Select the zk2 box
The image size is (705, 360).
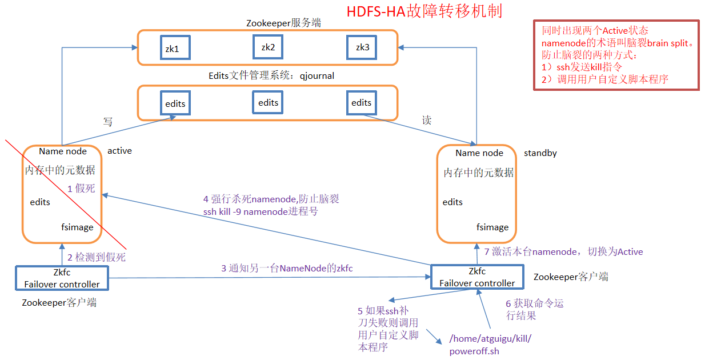point(268,47)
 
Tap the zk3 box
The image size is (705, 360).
point(362,48)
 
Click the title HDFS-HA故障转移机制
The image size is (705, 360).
point(424,12)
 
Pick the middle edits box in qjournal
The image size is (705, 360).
point(268,103)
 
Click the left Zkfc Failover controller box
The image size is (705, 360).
point(62,278)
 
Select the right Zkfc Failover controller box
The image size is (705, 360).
point(476,277)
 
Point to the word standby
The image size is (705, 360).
point(540,153)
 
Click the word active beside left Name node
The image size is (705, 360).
point(119,151)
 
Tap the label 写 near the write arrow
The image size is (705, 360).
point(107,122)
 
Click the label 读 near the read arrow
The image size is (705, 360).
point(426,121)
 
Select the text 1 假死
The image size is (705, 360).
point(81,188)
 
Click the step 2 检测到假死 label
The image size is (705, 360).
point(96,258)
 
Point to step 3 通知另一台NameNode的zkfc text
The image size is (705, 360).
point(291,268)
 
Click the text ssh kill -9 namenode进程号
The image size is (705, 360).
point(260,211)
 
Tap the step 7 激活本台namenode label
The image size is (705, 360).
point(563,251)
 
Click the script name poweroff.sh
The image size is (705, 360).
point(474,351)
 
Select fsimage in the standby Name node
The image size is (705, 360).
point(492,227)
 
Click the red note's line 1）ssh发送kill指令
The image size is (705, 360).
point(582,67)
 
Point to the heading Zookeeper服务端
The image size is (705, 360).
point(283,23)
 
